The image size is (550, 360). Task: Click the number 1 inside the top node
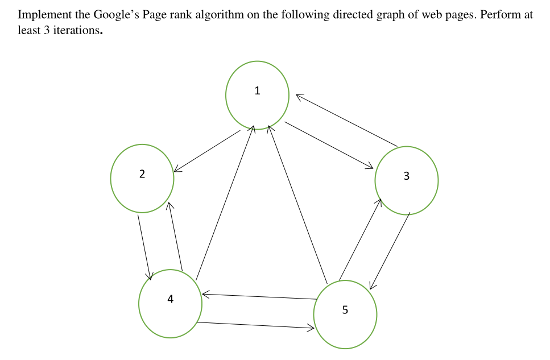(x=258, y=90)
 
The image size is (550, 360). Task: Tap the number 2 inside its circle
(x=142, y=174)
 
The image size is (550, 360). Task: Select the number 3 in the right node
(x=406, y=176)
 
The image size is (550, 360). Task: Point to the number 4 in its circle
(x=170, y=300)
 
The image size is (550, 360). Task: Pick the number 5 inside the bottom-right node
(x=345, y=310)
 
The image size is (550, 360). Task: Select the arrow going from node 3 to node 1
(x=346, y=120)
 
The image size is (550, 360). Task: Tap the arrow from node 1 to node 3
(x=329, y=145)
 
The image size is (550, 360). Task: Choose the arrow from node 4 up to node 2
(x=175, y=236)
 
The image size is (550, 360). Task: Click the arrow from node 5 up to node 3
(x=360, y=239)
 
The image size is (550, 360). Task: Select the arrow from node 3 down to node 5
(x=390, y=251)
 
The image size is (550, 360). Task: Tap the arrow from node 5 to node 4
(x=259, y=296)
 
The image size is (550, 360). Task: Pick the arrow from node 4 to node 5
(x=255, y=325)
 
